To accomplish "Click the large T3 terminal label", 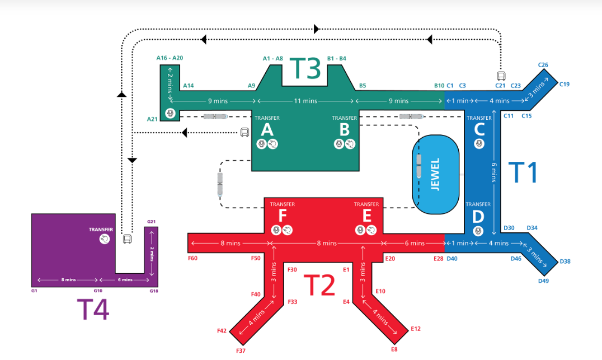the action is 305,68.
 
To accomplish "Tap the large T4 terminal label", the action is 93,309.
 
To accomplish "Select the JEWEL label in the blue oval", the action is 435,174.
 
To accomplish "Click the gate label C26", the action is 543,65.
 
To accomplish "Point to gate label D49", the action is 543,281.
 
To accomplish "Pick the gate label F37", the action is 241,350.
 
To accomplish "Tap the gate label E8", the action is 394,349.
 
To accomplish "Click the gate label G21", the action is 151,222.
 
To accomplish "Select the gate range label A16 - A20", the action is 170,58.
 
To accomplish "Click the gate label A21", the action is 152,119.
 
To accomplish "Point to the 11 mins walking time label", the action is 305,101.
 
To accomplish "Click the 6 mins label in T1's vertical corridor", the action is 493,172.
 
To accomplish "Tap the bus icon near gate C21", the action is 501,76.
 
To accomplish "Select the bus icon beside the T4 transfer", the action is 128,239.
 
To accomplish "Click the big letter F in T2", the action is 283,216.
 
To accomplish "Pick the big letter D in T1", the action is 478,217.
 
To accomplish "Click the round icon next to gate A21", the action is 170,113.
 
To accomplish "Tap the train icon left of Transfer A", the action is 215,116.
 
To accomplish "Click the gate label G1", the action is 34,291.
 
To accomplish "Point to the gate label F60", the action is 192,258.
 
